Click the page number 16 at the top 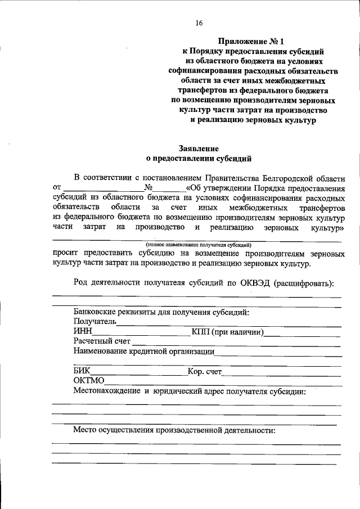pos(199,23)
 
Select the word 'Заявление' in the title pos(199,149)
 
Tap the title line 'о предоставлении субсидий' pos(199,159)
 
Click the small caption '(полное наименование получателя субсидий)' pos(199,245)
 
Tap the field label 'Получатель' pos(94,322)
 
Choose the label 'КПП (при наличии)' pos(228,332)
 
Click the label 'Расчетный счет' pos(102,341)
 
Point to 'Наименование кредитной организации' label pos(143,352)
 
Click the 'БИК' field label pos(82,371)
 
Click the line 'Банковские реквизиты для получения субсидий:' pos(161,312)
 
